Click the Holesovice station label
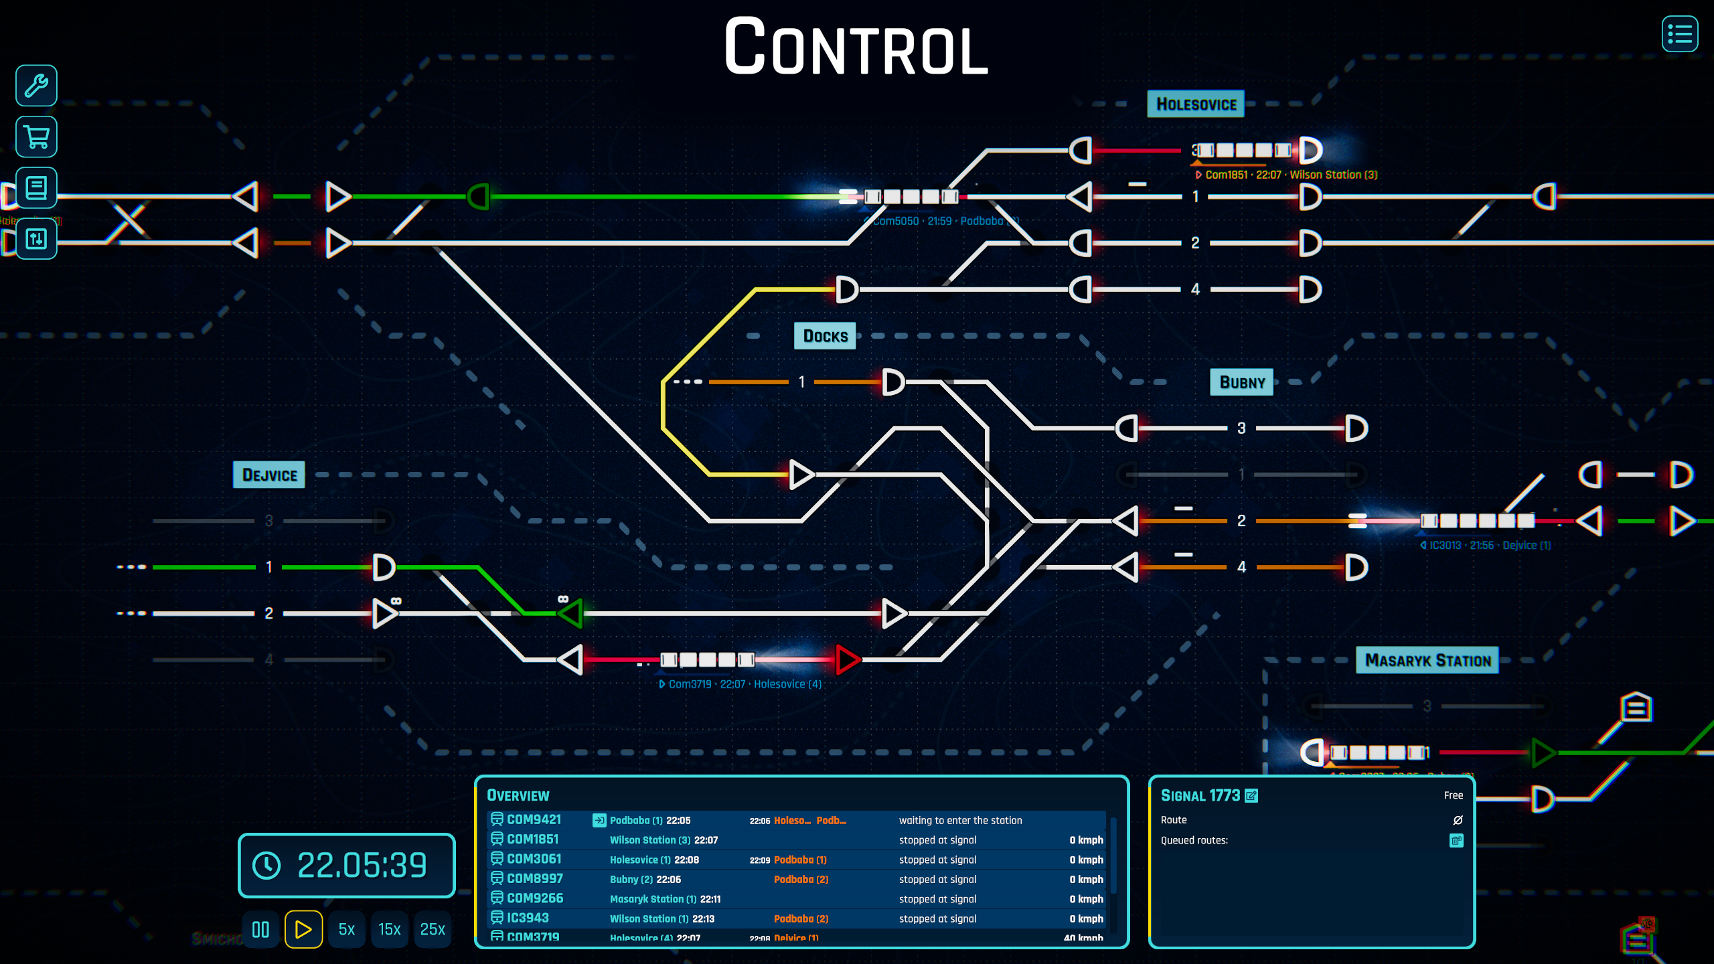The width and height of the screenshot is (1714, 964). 1196,104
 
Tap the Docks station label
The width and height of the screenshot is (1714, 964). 825,336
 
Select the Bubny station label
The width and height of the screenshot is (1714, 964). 1242,382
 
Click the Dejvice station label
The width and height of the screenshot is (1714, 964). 269,475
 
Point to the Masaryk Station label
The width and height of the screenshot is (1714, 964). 1427,661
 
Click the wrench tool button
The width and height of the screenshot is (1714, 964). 36,86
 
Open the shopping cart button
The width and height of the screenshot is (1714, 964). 36,137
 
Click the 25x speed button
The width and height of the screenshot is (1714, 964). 433,929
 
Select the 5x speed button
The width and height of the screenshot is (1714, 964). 346,929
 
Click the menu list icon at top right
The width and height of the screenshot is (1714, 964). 1679,34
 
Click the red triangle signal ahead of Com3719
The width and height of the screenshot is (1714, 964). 847,660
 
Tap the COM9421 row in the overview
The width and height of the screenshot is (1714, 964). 534,819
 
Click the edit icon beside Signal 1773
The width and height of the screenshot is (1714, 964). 1251,795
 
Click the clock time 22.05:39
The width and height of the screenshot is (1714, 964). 362,865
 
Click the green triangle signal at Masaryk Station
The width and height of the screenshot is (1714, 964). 1543,752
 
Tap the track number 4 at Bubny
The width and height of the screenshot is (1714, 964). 1241,568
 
